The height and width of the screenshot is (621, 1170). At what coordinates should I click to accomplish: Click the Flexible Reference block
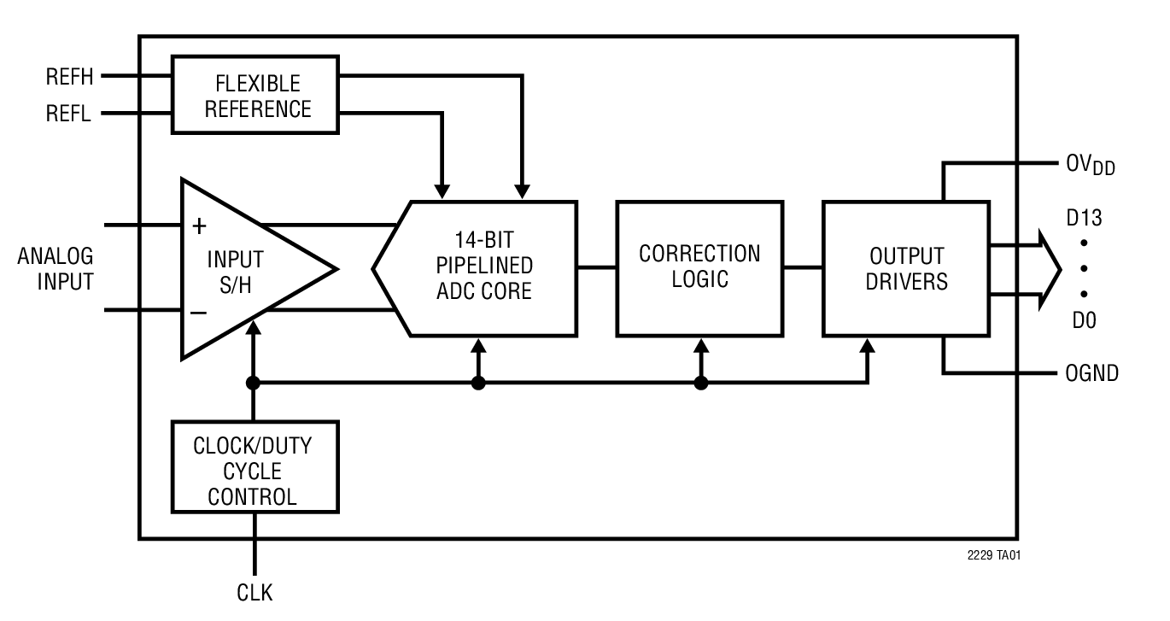[254, 95]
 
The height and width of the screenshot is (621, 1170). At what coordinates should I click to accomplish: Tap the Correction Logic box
[699, 267]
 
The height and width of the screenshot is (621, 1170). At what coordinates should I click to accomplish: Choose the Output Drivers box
[905, 268]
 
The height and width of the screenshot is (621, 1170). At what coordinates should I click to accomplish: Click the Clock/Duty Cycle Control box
[254, 466]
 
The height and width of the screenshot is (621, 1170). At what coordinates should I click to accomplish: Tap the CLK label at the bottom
[254, 592]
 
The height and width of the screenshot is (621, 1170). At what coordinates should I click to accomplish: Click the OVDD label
[1091, 165]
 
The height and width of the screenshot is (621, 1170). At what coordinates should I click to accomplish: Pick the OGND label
[1091, 373]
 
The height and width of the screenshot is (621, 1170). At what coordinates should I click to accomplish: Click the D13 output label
[1084, 218]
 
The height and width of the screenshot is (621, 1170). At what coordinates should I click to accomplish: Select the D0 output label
[1083, 321]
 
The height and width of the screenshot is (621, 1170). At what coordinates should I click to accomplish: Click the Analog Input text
[56, 268]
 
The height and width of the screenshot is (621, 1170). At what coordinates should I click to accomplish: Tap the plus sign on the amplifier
[199, 226]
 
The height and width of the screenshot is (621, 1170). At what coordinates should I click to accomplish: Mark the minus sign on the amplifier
[198, 313]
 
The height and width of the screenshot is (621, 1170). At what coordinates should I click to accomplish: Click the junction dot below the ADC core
[478, 383]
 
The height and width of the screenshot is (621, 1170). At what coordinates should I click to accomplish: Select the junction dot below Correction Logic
[701, 383]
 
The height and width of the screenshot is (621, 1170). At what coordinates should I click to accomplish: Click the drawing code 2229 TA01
[993, 555]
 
